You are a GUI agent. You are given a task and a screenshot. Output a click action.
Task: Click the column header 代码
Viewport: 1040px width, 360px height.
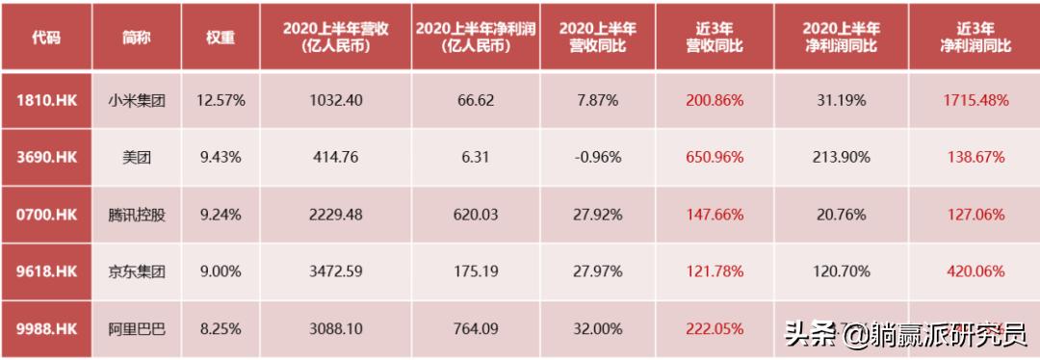[45, 37]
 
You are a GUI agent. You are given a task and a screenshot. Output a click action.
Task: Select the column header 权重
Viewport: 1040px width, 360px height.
[221, 37]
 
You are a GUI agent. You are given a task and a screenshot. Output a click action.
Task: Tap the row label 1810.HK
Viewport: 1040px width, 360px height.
[45, 99]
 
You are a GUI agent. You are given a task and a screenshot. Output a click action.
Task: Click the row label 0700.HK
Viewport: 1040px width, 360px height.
[45, 215]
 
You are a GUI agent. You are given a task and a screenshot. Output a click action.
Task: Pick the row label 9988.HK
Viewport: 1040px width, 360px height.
[45, 329]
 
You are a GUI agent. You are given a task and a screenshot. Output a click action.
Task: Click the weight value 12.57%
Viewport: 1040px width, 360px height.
[220, 99]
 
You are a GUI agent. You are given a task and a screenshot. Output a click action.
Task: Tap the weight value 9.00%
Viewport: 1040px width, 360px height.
[220, 272]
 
